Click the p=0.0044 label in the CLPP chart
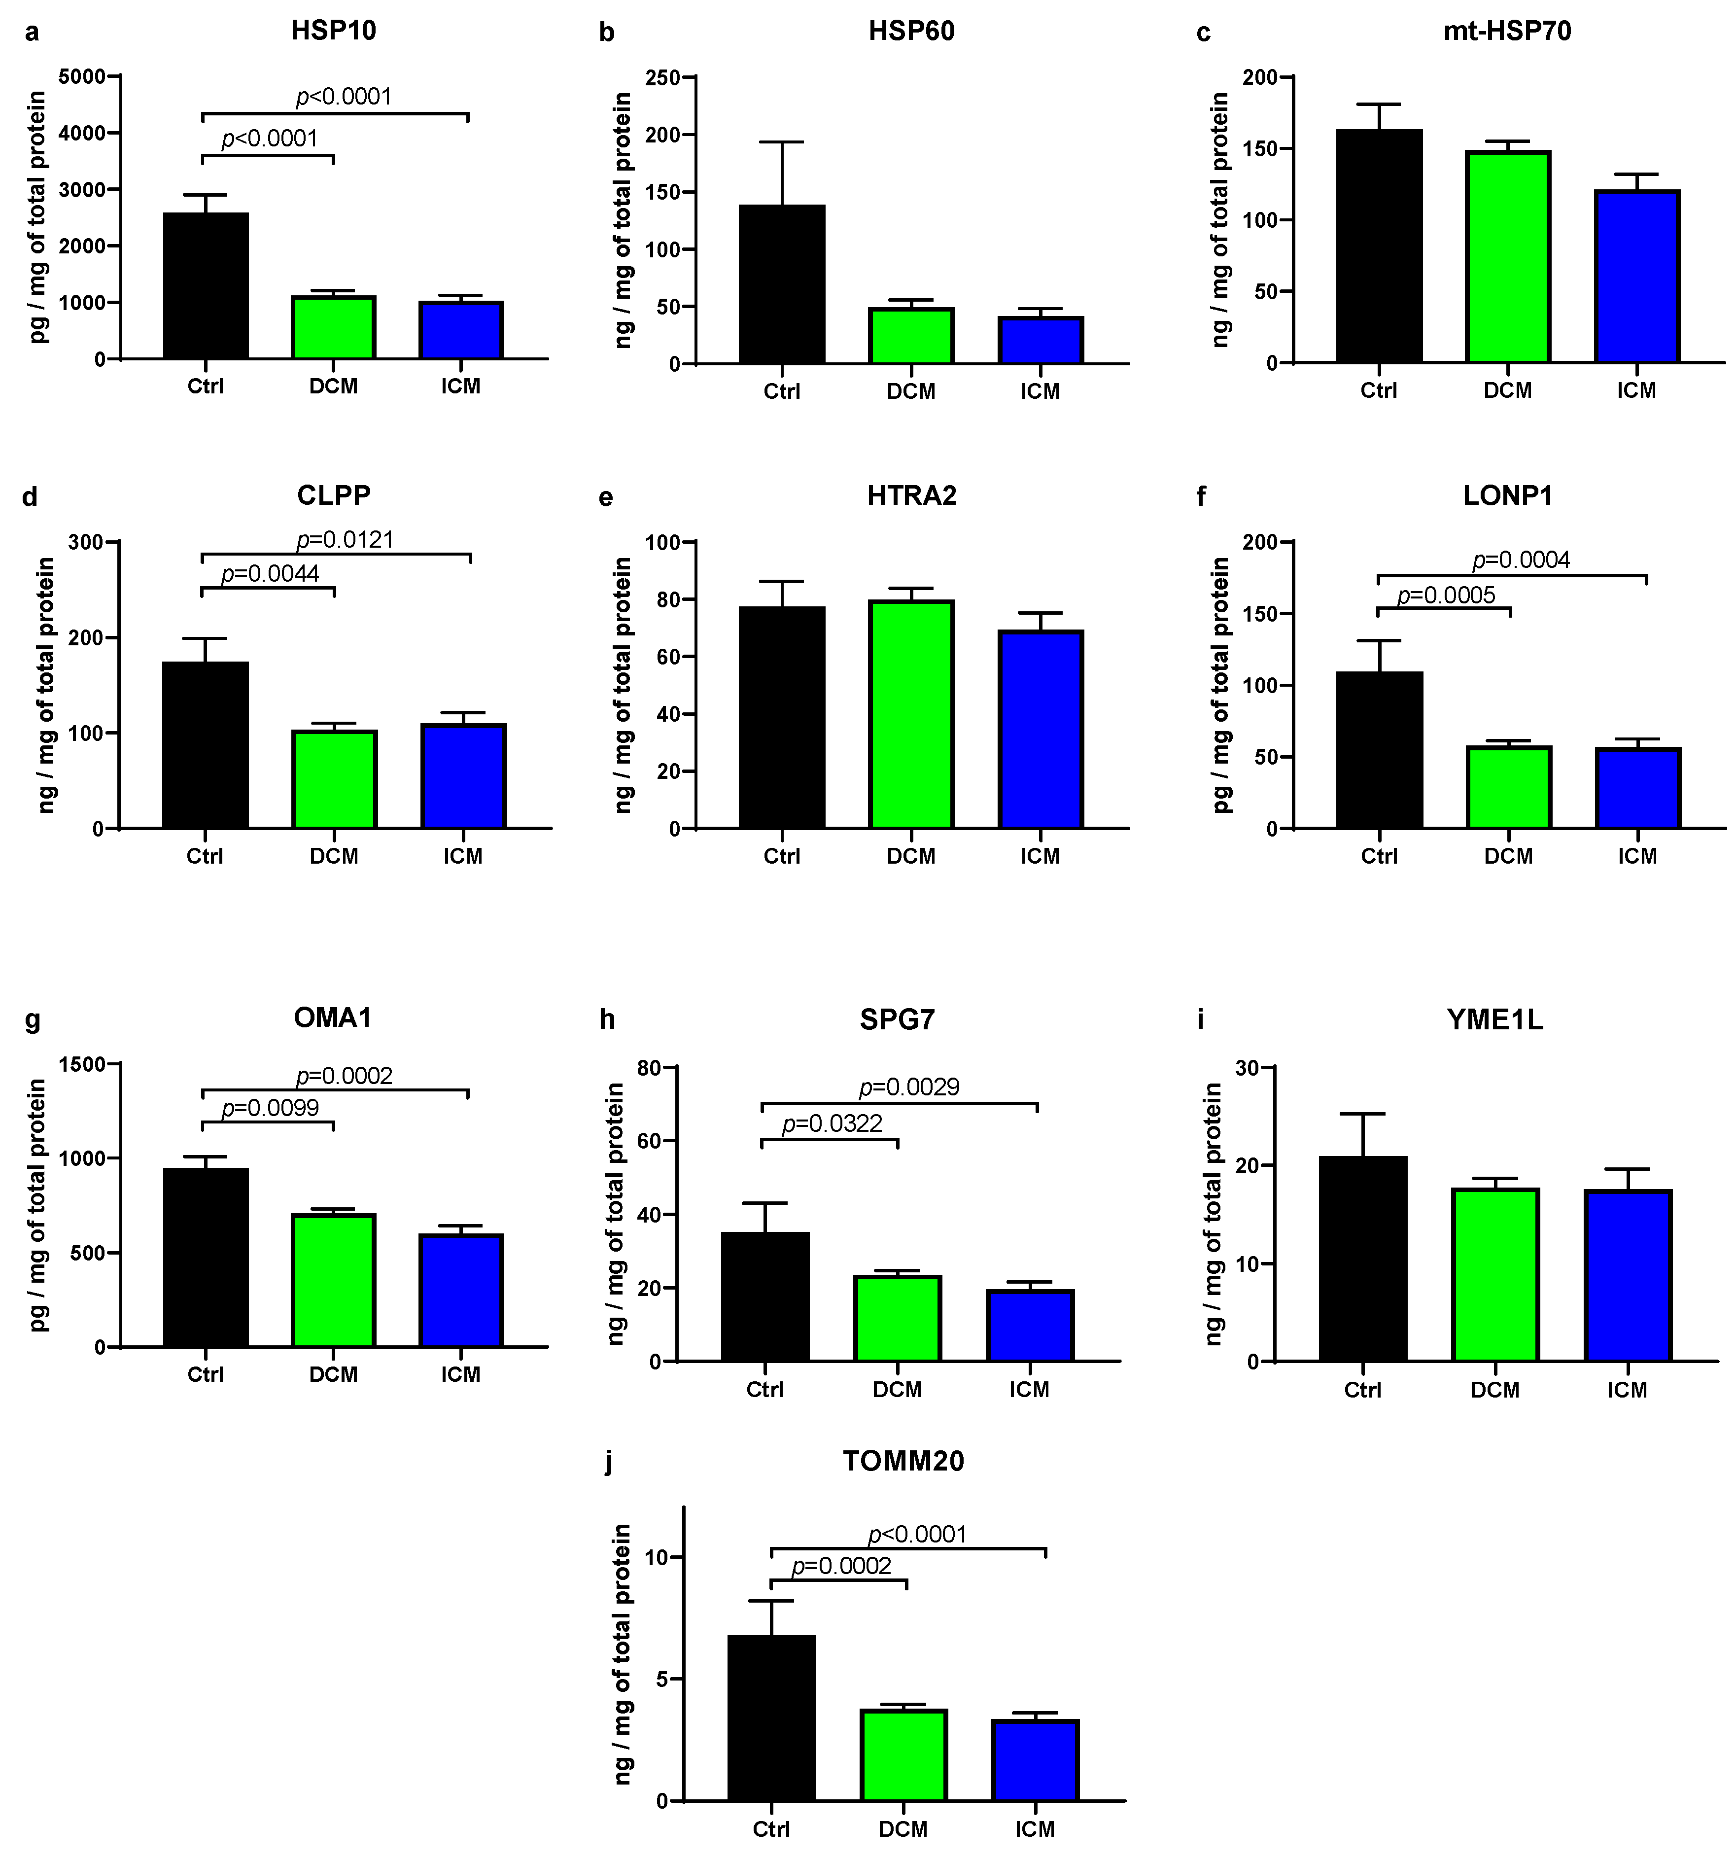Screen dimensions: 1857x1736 point(270,573)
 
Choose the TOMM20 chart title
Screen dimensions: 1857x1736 point(903,1461)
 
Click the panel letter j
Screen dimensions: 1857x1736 point(609,1462)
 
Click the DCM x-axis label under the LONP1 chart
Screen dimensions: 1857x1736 point(1508,857)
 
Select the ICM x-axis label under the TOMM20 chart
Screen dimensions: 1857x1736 point(1035,1829)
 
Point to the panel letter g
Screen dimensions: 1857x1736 point(33,1019)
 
